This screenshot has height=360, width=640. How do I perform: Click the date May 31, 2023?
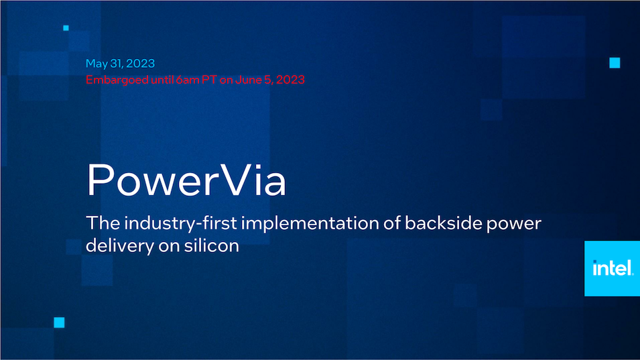pos(120,64)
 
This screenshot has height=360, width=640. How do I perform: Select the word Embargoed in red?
pos(117,80)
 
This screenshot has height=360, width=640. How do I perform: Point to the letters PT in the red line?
pos(209,80)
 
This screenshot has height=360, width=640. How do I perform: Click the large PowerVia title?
pos(186,180)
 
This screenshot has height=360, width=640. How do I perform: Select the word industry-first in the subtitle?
pos(180,224)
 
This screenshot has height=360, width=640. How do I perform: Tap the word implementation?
pos(310,224)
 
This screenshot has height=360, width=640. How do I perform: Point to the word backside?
pos(443,223)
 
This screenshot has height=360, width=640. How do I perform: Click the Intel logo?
pos(613,268)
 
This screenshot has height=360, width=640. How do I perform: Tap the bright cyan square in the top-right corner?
pos(615,62)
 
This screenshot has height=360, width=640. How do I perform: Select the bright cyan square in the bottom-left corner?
pos(59,322)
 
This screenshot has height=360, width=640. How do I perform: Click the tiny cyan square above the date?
pos(66,27)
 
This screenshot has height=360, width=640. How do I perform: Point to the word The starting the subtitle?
pos(103,223)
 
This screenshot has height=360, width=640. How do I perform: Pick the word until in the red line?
pos(162,80)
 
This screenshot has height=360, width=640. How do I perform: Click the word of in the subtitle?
pos(391,223)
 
